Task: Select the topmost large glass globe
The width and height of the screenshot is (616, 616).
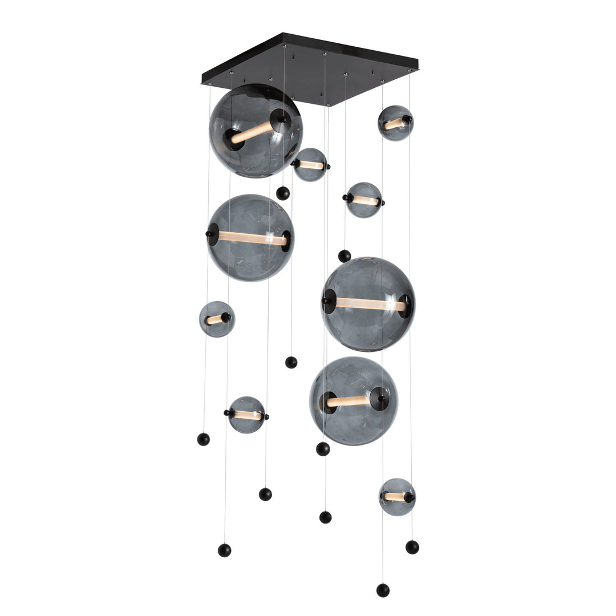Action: point(255,131)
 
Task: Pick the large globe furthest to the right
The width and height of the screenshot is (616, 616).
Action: point(368,304)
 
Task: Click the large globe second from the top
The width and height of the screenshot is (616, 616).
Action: point(250,238)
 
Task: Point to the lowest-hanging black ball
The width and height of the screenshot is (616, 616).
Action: point(383,590)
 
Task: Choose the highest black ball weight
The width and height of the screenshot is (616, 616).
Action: point(283,193)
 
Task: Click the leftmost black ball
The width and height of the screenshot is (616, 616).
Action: point(204,439)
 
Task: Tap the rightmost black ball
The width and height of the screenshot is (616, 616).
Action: point(412,547)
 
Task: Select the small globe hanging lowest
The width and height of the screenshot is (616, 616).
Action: point(397,497)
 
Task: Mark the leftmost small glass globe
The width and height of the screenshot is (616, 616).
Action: point(217,319)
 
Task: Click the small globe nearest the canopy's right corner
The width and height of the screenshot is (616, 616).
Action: point(395,123)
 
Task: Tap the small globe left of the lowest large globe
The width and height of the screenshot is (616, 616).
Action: point(246,415)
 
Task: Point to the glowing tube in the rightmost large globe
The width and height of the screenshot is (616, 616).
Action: point(368,305)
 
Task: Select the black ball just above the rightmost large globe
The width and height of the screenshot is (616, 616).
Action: point(345,256)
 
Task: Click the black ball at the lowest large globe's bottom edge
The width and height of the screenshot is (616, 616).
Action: point(323,449)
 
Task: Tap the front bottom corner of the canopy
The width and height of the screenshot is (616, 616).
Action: point(329,104)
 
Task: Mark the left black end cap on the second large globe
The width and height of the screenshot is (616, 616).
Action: point(212,234)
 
